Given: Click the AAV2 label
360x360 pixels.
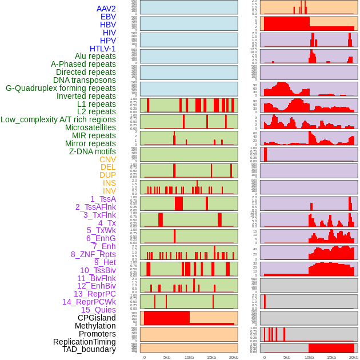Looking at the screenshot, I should (106, 9).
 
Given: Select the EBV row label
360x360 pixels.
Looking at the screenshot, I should (108, 17).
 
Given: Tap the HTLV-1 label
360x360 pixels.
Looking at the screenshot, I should (103, 49).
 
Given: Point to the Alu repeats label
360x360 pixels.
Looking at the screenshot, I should (95, 56).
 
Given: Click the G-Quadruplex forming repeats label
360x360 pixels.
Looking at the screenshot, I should (61, 88).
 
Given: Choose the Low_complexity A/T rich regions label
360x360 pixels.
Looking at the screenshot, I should (58, 119).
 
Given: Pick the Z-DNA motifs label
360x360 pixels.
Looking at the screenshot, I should (93, 151).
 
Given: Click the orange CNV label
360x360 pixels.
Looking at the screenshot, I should (107, 159).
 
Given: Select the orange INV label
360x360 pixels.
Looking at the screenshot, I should (109, 191).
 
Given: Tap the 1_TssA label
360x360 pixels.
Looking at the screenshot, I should (103, 199).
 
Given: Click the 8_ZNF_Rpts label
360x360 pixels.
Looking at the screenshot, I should (93, 254).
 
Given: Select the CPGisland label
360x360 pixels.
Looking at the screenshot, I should (97, 318).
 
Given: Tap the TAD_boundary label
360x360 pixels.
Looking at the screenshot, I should (89, 349).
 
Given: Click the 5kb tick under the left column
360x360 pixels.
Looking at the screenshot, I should (167, 357).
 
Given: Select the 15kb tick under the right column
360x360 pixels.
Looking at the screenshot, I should (331, 357).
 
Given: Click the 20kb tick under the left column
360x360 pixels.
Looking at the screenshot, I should (234, 357).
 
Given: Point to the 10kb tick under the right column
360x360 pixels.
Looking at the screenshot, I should (309, 357).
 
